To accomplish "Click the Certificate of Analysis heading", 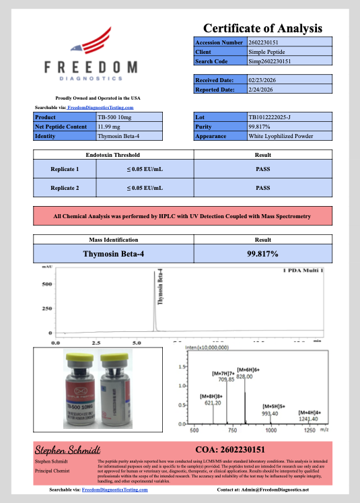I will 262,28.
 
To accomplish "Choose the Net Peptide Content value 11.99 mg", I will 110,126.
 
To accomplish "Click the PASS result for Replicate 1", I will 262,169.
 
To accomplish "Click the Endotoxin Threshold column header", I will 113,155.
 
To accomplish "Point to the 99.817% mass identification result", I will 262,254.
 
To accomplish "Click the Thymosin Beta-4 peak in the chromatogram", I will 155,316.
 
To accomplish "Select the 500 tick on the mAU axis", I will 47,284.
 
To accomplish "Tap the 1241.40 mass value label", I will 308,418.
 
